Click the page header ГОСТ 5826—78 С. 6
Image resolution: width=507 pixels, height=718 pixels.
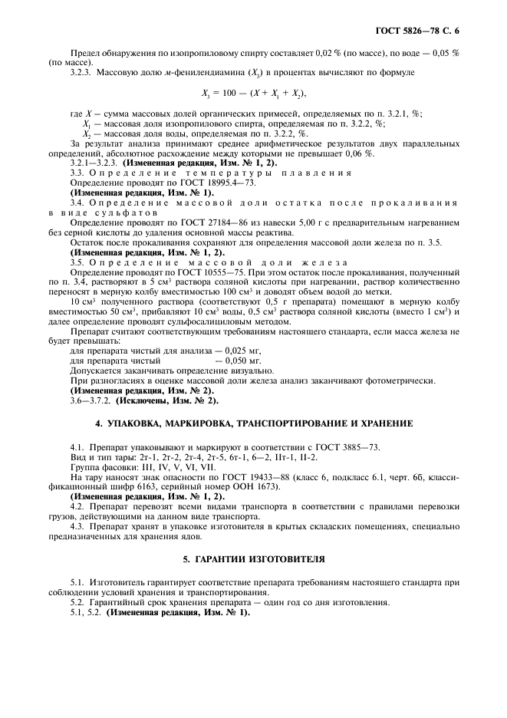coord(421,31)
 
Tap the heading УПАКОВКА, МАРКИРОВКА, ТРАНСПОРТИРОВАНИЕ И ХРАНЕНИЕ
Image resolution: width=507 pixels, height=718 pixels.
coord(254,423)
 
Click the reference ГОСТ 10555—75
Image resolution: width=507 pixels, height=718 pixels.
coord(187,273)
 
